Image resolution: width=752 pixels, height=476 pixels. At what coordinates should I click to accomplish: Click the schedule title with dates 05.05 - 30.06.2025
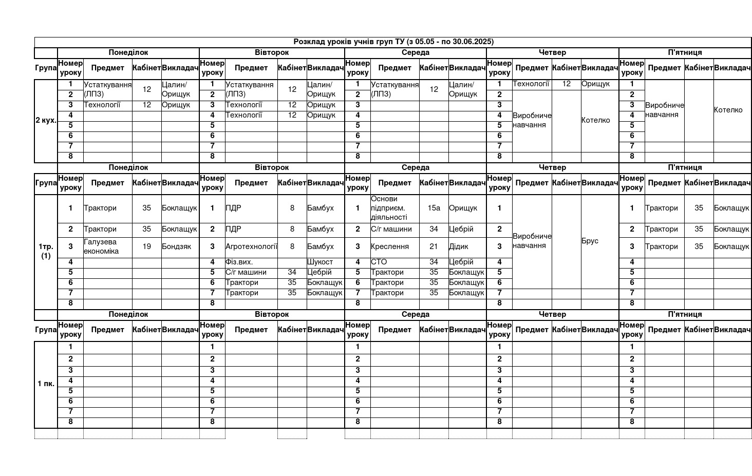[393, 42]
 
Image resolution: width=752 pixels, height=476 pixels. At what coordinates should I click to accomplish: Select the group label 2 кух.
[46, 121]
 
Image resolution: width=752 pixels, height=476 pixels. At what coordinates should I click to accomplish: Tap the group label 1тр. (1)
[46, 251]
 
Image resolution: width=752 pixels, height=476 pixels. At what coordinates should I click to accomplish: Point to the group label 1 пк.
[46, 384]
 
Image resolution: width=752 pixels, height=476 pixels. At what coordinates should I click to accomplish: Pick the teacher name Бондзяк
[176, 246]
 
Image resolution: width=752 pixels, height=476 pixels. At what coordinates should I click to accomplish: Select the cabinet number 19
[147, 246]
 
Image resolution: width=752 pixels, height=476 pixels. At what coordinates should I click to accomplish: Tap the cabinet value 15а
[434, 208]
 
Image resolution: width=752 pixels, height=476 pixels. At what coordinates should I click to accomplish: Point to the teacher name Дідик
[459, 246]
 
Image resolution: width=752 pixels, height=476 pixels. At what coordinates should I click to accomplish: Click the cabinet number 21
[434, 246]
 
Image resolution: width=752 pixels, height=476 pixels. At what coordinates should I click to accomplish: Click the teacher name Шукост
[320, 262]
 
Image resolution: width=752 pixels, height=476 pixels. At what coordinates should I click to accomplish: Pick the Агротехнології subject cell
[251, 246]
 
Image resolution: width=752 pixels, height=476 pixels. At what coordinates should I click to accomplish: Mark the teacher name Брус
[590, 241]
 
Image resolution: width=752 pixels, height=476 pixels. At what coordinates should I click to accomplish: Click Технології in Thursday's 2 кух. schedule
[531, 84]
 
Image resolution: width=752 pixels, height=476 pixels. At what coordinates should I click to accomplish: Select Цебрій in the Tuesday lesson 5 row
[319, 272]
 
